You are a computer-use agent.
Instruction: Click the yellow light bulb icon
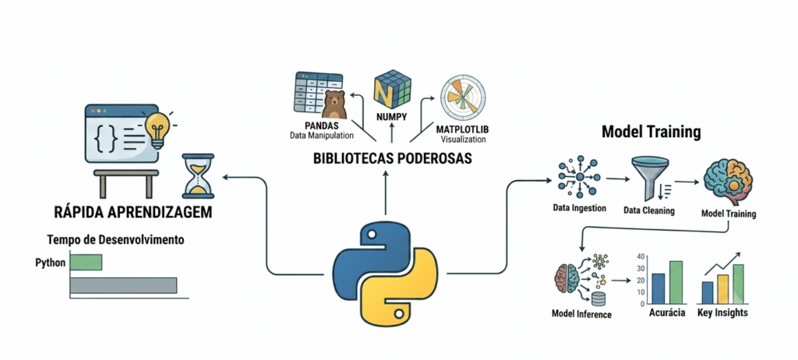[157, 129]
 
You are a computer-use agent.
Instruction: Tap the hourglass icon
[198, 176]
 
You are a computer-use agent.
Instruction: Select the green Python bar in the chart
[86, 263]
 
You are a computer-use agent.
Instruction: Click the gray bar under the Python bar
[124, 285]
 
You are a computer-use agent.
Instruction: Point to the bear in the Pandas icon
[334, 105]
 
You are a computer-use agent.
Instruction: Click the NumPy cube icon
[392, 92]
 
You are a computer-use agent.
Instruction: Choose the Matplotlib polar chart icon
[463, 97]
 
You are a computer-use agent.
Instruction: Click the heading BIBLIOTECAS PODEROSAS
[392, 158]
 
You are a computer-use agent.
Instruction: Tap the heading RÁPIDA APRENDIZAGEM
[132, 212]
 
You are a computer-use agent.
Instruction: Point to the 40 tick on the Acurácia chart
[641, 256]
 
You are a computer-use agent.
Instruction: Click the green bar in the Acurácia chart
[676, 283]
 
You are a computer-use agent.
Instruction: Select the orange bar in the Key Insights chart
[722, 289]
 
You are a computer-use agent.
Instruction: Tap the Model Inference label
[581, 314]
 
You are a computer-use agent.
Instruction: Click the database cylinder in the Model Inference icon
[598, 300]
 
